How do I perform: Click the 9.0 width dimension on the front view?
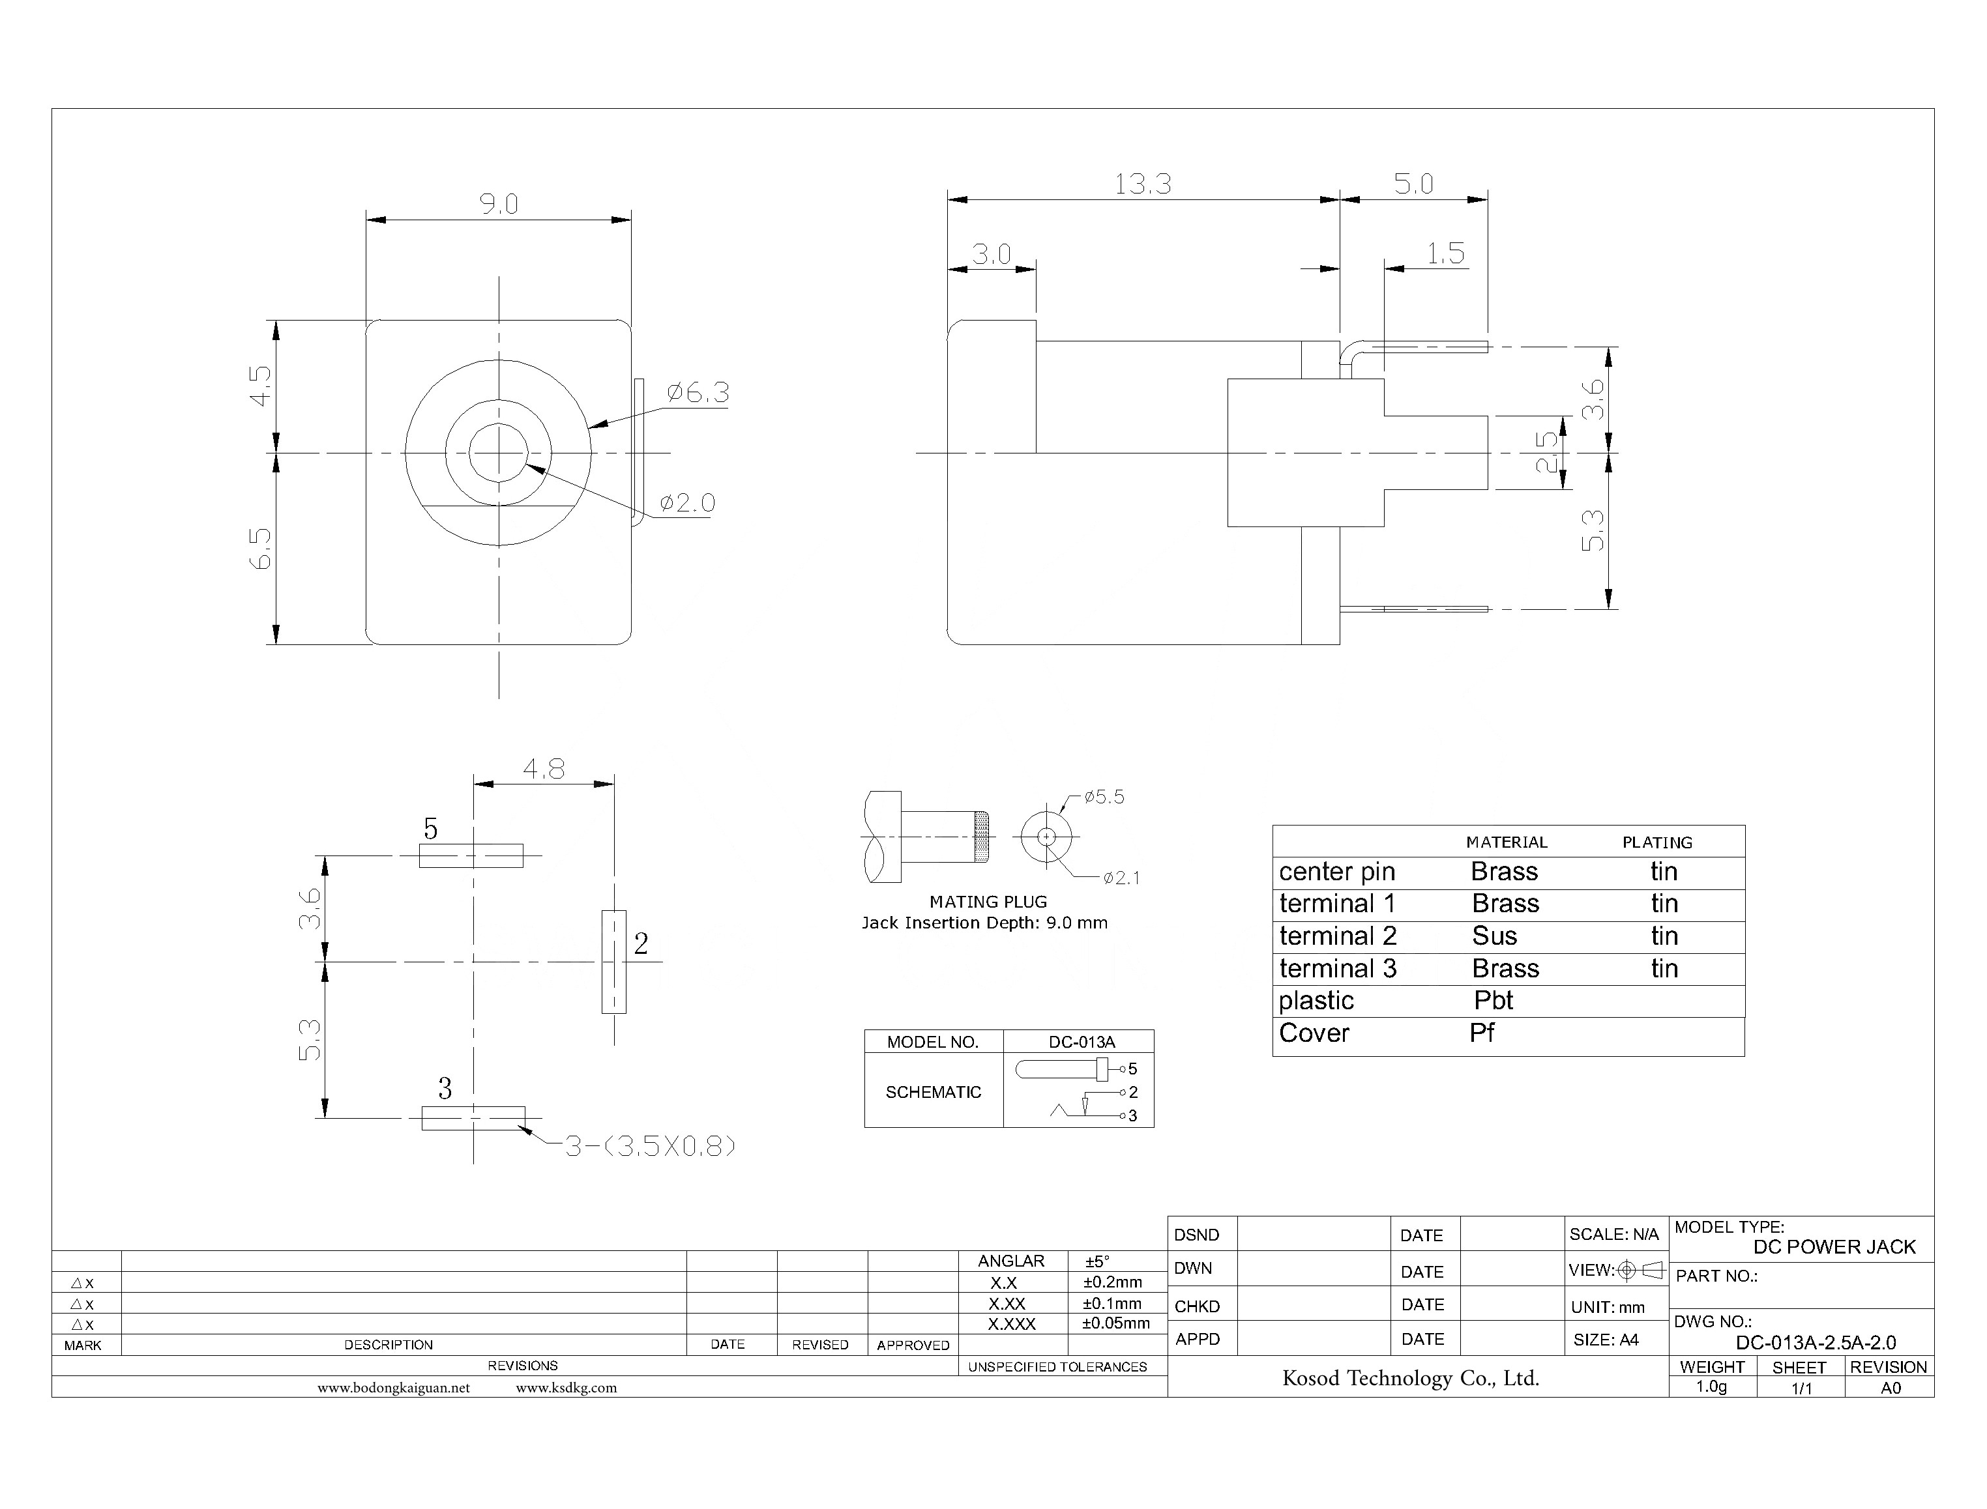(498, 205)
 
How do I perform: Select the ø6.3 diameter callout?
(698, 392)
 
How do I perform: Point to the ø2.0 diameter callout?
(688, 503)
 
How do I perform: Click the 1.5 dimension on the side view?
(1445, 253)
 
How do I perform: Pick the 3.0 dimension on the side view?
(992, 254)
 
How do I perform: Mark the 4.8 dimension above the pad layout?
(544, 769)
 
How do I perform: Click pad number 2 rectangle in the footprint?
(614, 962)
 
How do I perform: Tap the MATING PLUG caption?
(988, 901)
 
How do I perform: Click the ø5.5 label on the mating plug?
(1104, 797)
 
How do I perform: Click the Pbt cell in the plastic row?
(1494, 1001)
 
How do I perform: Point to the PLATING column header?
(1656, 842)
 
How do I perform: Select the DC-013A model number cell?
(1081, 1042)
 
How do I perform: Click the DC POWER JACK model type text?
(1833, 1246)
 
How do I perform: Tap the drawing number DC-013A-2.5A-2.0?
(1816, 1343)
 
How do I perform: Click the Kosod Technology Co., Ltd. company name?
(1410, 1378)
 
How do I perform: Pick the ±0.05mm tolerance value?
(1115, 1323)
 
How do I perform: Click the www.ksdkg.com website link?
(566, 1388)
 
